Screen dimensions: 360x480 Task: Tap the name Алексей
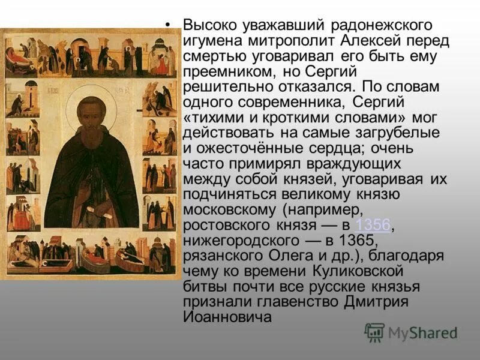coord(357,41)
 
